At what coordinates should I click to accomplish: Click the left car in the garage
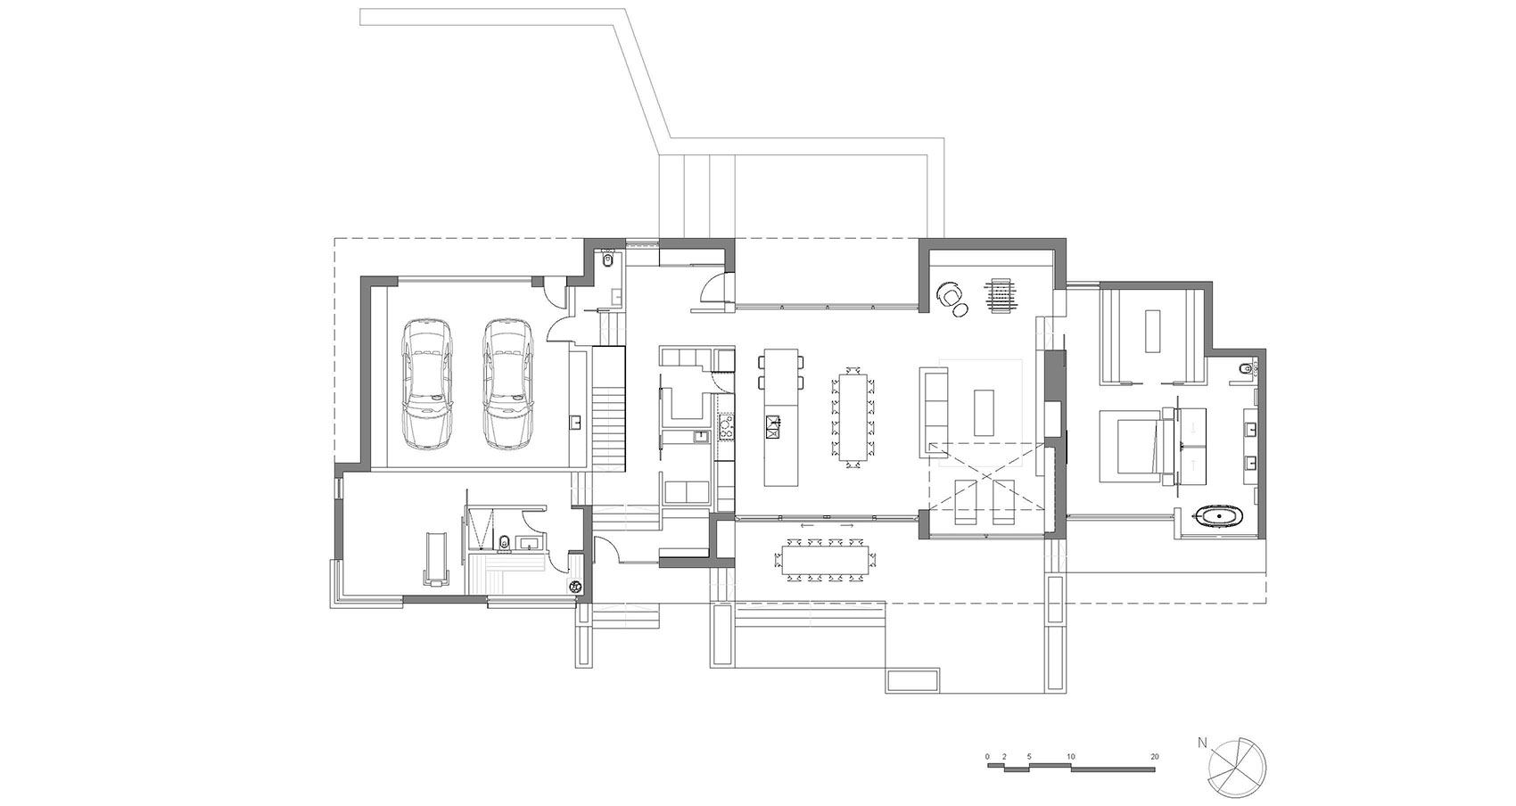click(x=428, y=383)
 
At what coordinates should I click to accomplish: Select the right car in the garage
click(x=507, y=383)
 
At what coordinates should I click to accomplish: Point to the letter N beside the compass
click(x=1202, y=743)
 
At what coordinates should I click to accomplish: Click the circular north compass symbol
click(x=1237, y=765)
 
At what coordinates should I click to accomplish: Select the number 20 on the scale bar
click(x=1155, y=757)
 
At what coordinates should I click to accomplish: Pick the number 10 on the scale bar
click(x=1071, y=757)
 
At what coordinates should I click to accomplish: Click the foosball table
click(x=1001, y=295)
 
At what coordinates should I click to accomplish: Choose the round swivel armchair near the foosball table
click(x=950, y=294)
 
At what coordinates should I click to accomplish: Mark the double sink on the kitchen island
click(x=773, y=427)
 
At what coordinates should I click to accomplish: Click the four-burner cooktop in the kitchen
click(x=726, y=427)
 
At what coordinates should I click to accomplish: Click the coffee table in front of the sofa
click(x=984, y=412)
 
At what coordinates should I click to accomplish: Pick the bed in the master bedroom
click(x=1135, y=445)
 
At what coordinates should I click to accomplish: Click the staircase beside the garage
click(x=608, y=408)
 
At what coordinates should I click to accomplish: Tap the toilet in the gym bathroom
click(x=504, y=542)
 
